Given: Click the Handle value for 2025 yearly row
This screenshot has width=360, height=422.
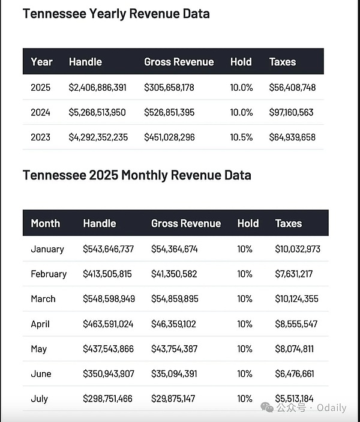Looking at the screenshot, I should click(98, 88).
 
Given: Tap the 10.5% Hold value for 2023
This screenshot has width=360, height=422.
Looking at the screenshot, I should click(242, 137).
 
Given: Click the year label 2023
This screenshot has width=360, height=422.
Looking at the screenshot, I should click(41, 137).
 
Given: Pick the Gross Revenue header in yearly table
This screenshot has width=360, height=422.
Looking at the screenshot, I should click(179, 62).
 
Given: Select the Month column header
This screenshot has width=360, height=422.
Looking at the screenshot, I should click(46, 223).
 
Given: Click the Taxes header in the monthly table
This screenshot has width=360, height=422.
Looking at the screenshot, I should click(289, 223).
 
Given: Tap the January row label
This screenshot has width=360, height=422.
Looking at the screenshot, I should click(47, 249).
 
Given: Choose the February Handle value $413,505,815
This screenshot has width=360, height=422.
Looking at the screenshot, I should click(107, 274).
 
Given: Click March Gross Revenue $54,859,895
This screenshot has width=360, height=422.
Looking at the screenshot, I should click(175, 299).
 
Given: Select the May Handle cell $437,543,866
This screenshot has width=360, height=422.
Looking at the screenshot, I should click(108, 349).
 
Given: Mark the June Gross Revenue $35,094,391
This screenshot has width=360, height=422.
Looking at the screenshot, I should click(175, 374).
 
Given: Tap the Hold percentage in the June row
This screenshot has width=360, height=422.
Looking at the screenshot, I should click(245, 374).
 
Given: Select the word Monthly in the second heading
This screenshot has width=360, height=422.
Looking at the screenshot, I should click(143, 175).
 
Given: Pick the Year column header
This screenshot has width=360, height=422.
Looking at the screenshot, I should click(42, 62).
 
